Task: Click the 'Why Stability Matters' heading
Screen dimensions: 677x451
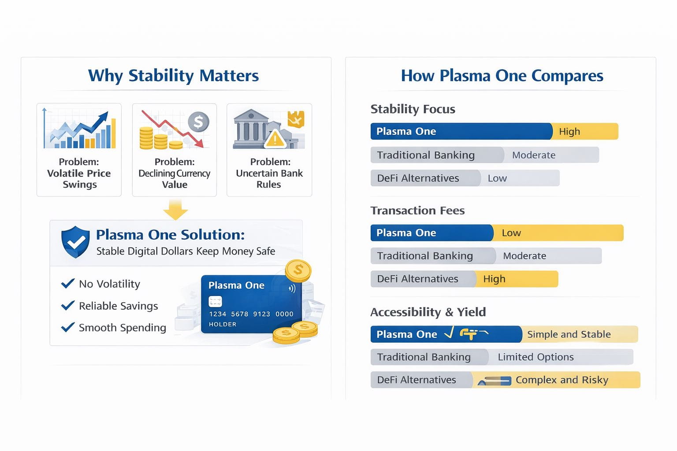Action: click(x=174, y=75)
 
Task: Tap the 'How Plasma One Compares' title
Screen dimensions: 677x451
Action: click(x=502, y=75)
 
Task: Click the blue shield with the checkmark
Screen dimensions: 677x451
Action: click(x=75, y=242)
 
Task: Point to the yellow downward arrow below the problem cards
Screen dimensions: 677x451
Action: click(x=175, y=209)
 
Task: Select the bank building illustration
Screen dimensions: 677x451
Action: click(x=250, y=129)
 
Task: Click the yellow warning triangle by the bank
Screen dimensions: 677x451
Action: click(x=275, y=139)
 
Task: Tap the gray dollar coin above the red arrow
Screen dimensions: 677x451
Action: click(x=199, y=122)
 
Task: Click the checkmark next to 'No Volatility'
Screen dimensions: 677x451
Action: click(x=68, y=283)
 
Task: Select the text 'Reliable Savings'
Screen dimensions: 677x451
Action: click(x=119, y=306)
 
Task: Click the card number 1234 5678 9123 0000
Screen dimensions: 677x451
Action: click(x=251, y=314)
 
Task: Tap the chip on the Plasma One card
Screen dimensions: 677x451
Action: click(x=215, y=301)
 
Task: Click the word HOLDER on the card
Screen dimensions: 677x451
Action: click(x=223, y=324)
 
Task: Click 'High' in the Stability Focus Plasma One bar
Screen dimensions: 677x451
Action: click(x=569, y=131)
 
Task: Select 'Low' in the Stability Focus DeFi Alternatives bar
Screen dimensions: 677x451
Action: click(x=497, y=178)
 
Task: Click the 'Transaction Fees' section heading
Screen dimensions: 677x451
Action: click(x=417, y=210)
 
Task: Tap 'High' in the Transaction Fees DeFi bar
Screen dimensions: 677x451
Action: click(x=494, y=279)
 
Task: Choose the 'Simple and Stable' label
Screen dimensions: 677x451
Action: click(x=569, y=334)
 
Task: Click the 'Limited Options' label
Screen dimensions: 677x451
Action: click(x=536, y=357)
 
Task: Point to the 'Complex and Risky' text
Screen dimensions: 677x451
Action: click(x=562, y=380)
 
